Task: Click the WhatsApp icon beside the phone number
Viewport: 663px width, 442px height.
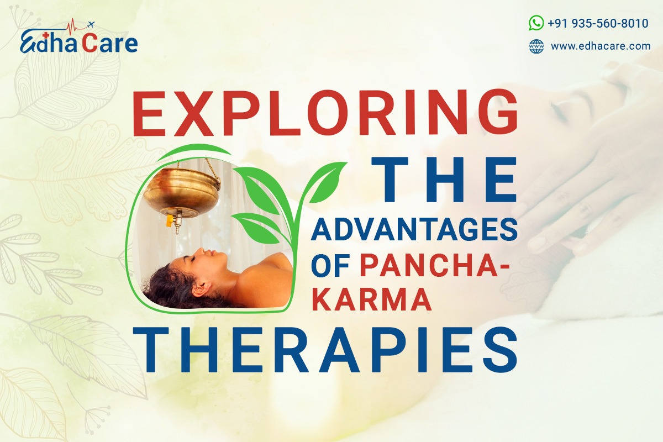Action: pyautogui.click(x=536, y=23)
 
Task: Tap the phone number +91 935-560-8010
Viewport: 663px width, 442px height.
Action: pyautogui.click(x=598, y=23)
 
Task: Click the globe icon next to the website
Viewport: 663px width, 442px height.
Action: pyautogui.click(x=536, y=46)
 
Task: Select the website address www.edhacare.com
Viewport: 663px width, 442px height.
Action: pyautogui.click(x=601, y=46)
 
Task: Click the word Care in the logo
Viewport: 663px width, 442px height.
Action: pyautogui.click(x=110, y=43)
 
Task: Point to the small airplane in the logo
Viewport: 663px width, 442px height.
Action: pyautogui.click(x=91, y=24)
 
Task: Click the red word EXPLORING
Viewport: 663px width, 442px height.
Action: pyautogui.click(x=325, y=113)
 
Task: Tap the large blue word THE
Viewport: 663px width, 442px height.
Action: pyautogui.click(x=444, y=180)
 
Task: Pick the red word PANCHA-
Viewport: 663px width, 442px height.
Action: pyautogui.click(x=435, y=266)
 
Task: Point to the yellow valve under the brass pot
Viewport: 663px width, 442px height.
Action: pyautogui.click(x=169, y=220)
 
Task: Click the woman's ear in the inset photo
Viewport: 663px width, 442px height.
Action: pyautogui.click(x=203, y=288)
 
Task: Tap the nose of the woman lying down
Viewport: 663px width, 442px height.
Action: pyautogui.click(x=202, y=251)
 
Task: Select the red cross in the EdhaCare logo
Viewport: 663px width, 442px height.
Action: pyautogui.click(x=45, y=36)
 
